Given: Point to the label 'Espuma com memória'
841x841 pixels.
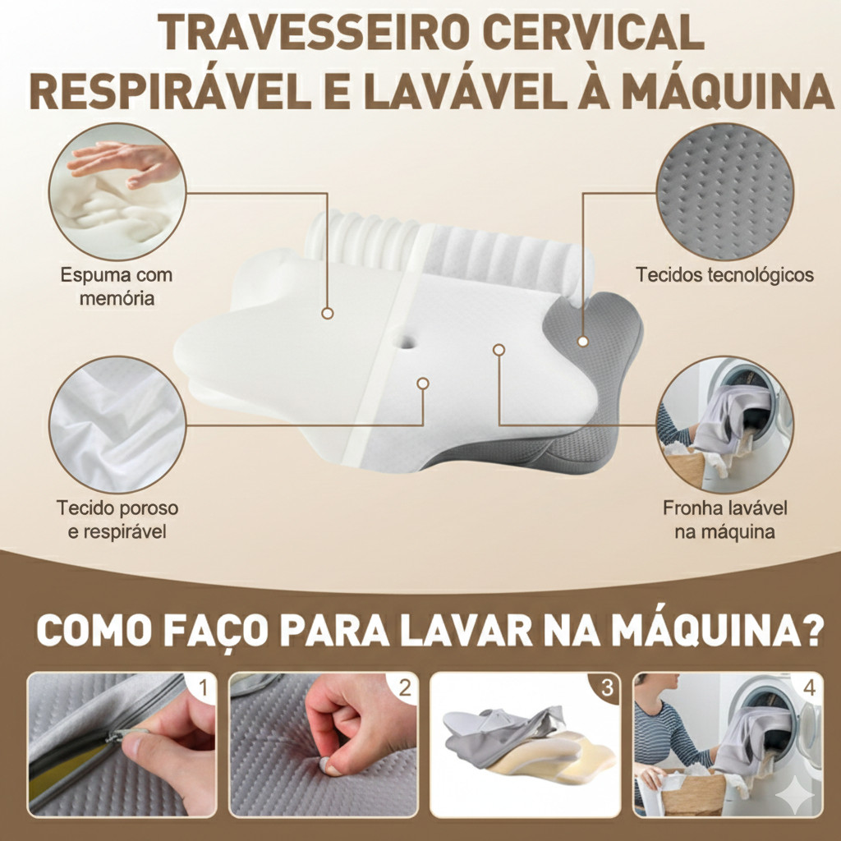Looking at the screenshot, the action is tap(117, 287).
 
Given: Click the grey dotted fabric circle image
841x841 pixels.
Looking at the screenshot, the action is tap(724, 191).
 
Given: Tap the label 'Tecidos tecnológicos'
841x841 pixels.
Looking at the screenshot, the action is tap(724, 274).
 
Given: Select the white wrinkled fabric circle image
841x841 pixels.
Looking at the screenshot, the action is tap(117, 425).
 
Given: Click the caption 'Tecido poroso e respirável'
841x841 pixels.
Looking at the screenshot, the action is tap(117, 519).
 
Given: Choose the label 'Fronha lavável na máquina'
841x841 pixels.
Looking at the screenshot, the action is tap(724, 519).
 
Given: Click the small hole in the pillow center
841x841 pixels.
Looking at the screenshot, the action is tap(406, 341).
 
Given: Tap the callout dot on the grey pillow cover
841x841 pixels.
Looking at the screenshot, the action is tap(582, 341).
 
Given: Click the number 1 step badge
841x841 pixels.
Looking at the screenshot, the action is tap(203, 687).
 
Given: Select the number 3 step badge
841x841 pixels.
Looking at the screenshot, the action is tap(607, 687).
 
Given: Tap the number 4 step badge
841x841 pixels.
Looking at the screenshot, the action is tap(809, 687).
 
